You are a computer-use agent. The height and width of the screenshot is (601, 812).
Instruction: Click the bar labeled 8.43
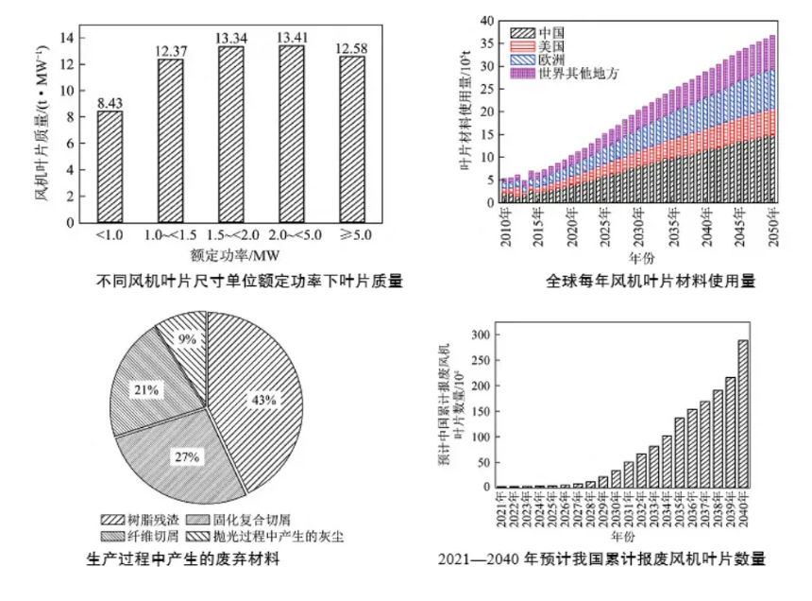(x=110, y=166)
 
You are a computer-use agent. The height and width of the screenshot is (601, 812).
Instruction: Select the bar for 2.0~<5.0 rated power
(x=291, y=133)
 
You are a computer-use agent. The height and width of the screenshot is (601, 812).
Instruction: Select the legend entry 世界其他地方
(x=567, y=73)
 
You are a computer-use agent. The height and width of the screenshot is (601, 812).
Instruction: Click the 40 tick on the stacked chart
(x=487, y=20)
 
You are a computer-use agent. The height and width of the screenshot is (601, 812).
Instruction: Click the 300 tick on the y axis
(x=481, y=335)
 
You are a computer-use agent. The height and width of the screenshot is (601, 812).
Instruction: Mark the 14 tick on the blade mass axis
(x=67, y=38)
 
